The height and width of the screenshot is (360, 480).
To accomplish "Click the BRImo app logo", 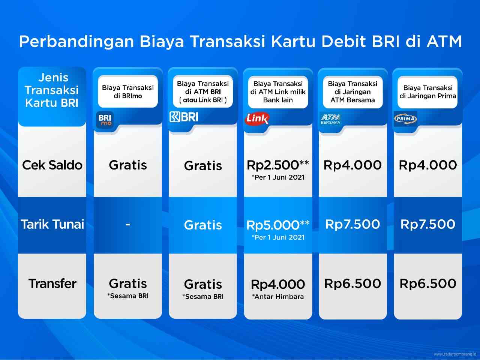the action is pyautogui.click(x=105, y=120).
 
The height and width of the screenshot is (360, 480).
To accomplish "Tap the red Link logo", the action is pyautogui.click(x=257, y=119).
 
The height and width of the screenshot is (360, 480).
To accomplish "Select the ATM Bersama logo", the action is pyautogui.click(x=330, y=119).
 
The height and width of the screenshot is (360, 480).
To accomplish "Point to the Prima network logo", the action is pyautogui.click(x=405, y=119).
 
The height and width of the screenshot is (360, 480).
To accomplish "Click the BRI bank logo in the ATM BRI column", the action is pyautogui.click(x=184, y=117).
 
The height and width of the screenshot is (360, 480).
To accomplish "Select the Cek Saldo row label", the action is pyautogui.click(x=52, y=165).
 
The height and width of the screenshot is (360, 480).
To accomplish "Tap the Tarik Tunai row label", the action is pyautogui.click(x=52, y=224).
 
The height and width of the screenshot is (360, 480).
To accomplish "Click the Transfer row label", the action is pyautogui.click(x=52, y=283).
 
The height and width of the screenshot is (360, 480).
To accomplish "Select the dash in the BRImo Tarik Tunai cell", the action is pyautogui.click(x=128, y=225).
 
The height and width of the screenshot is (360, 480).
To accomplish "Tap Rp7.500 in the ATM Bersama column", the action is pyautogui.click(x=353, y=224).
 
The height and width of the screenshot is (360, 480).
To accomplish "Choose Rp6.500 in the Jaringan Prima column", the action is pyautogui.click(x=428, y=283).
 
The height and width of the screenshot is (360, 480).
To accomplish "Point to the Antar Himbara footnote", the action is pyautogui.click(x=278, y=297).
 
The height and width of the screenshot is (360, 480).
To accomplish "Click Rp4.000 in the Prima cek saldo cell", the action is pyautogui.click(x=428, y=165).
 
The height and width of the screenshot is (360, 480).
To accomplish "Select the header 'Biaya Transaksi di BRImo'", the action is pyautogui.click(x=128, y=91).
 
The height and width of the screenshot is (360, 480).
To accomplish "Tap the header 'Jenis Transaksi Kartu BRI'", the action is pyautogui.click(x=52, y=90).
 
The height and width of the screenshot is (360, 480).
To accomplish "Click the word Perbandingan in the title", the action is pyautogui.click(x=77, y=41).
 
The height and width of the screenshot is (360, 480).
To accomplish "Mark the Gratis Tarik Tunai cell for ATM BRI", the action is pyautogui.click(x=203, y=225).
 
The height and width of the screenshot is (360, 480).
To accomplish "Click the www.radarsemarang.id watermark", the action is pyautogui.click(x=455, y=354).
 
